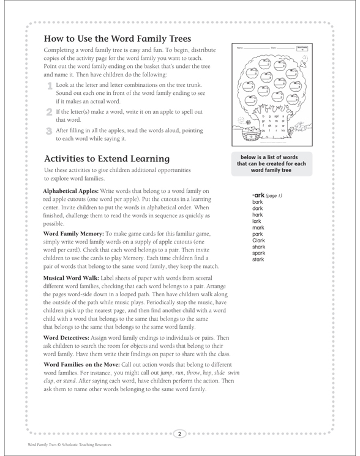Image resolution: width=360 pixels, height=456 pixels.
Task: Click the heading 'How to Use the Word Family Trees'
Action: (118, 38)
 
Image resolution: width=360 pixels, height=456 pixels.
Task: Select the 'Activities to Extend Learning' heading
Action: (107, 158)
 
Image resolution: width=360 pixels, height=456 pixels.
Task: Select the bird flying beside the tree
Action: (306, 57)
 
